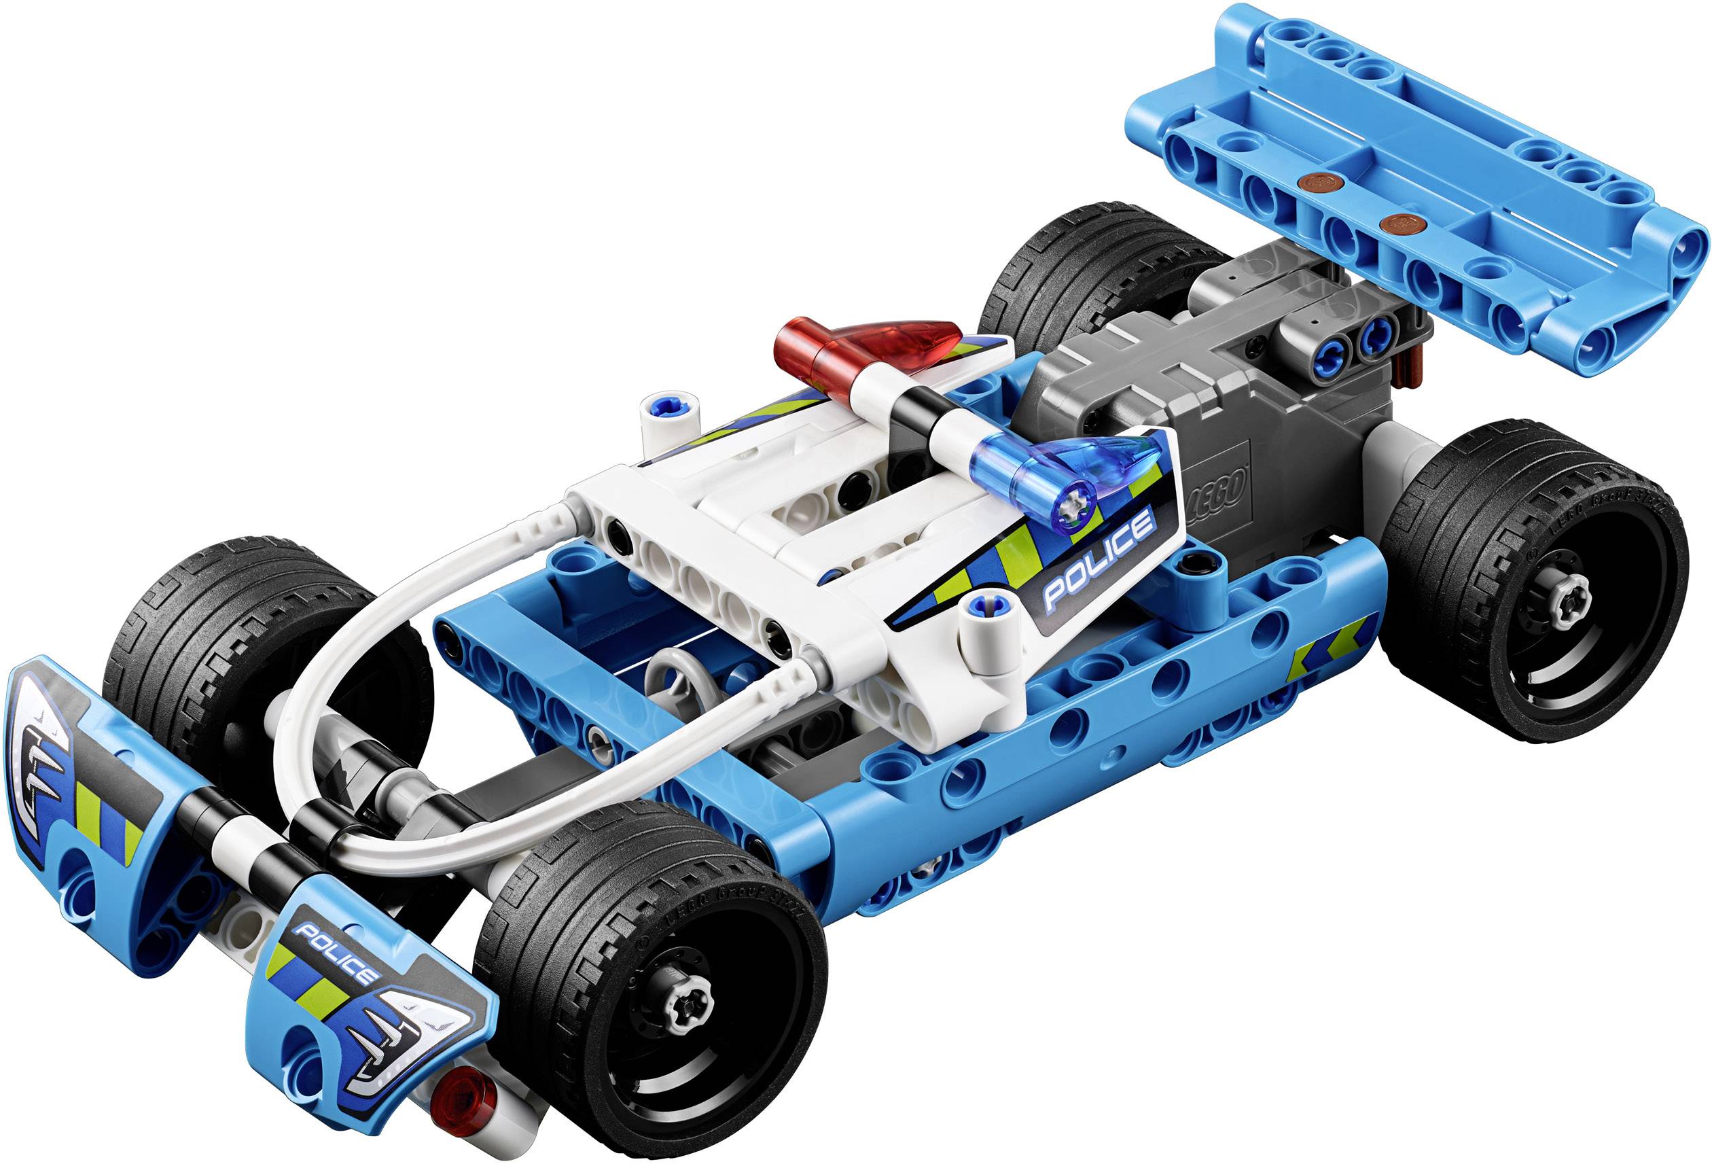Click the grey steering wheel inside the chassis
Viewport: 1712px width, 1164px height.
pos(674,674)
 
